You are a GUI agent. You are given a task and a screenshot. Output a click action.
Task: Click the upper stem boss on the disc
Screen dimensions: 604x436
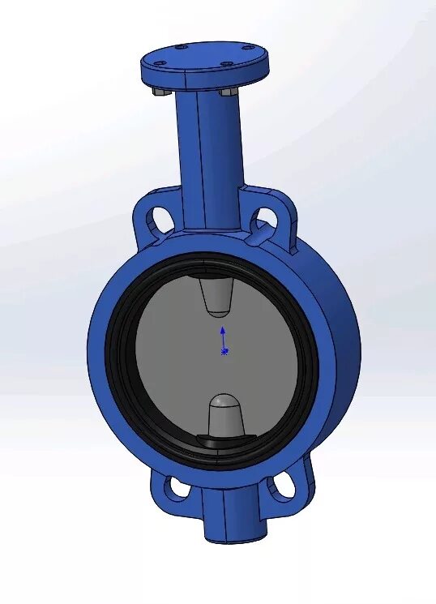point(216,297)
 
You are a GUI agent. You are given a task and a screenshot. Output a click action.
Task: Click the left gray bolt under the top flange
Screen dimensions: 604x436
point(160,93)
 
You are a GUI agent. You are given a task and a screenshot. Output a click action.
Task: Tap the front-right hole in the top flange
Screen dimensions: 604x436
point(228,65)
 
